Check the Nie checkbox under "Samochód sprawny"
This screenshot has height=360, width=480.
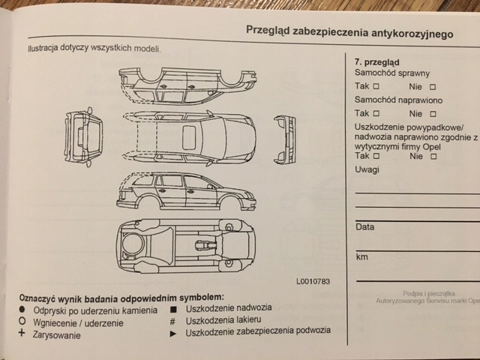pos(433,87)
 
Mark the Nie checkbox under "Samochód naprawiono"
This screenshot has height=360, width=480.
pos(433,114)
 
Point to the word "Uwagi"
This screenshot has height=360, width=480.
pos(367,170)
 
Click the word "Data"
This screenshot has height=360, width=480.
pos(365,226)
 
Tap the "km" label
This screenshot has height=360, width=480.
pos(361,257)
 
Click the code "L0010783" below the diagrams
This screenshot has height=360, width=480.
pos(313,281)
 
